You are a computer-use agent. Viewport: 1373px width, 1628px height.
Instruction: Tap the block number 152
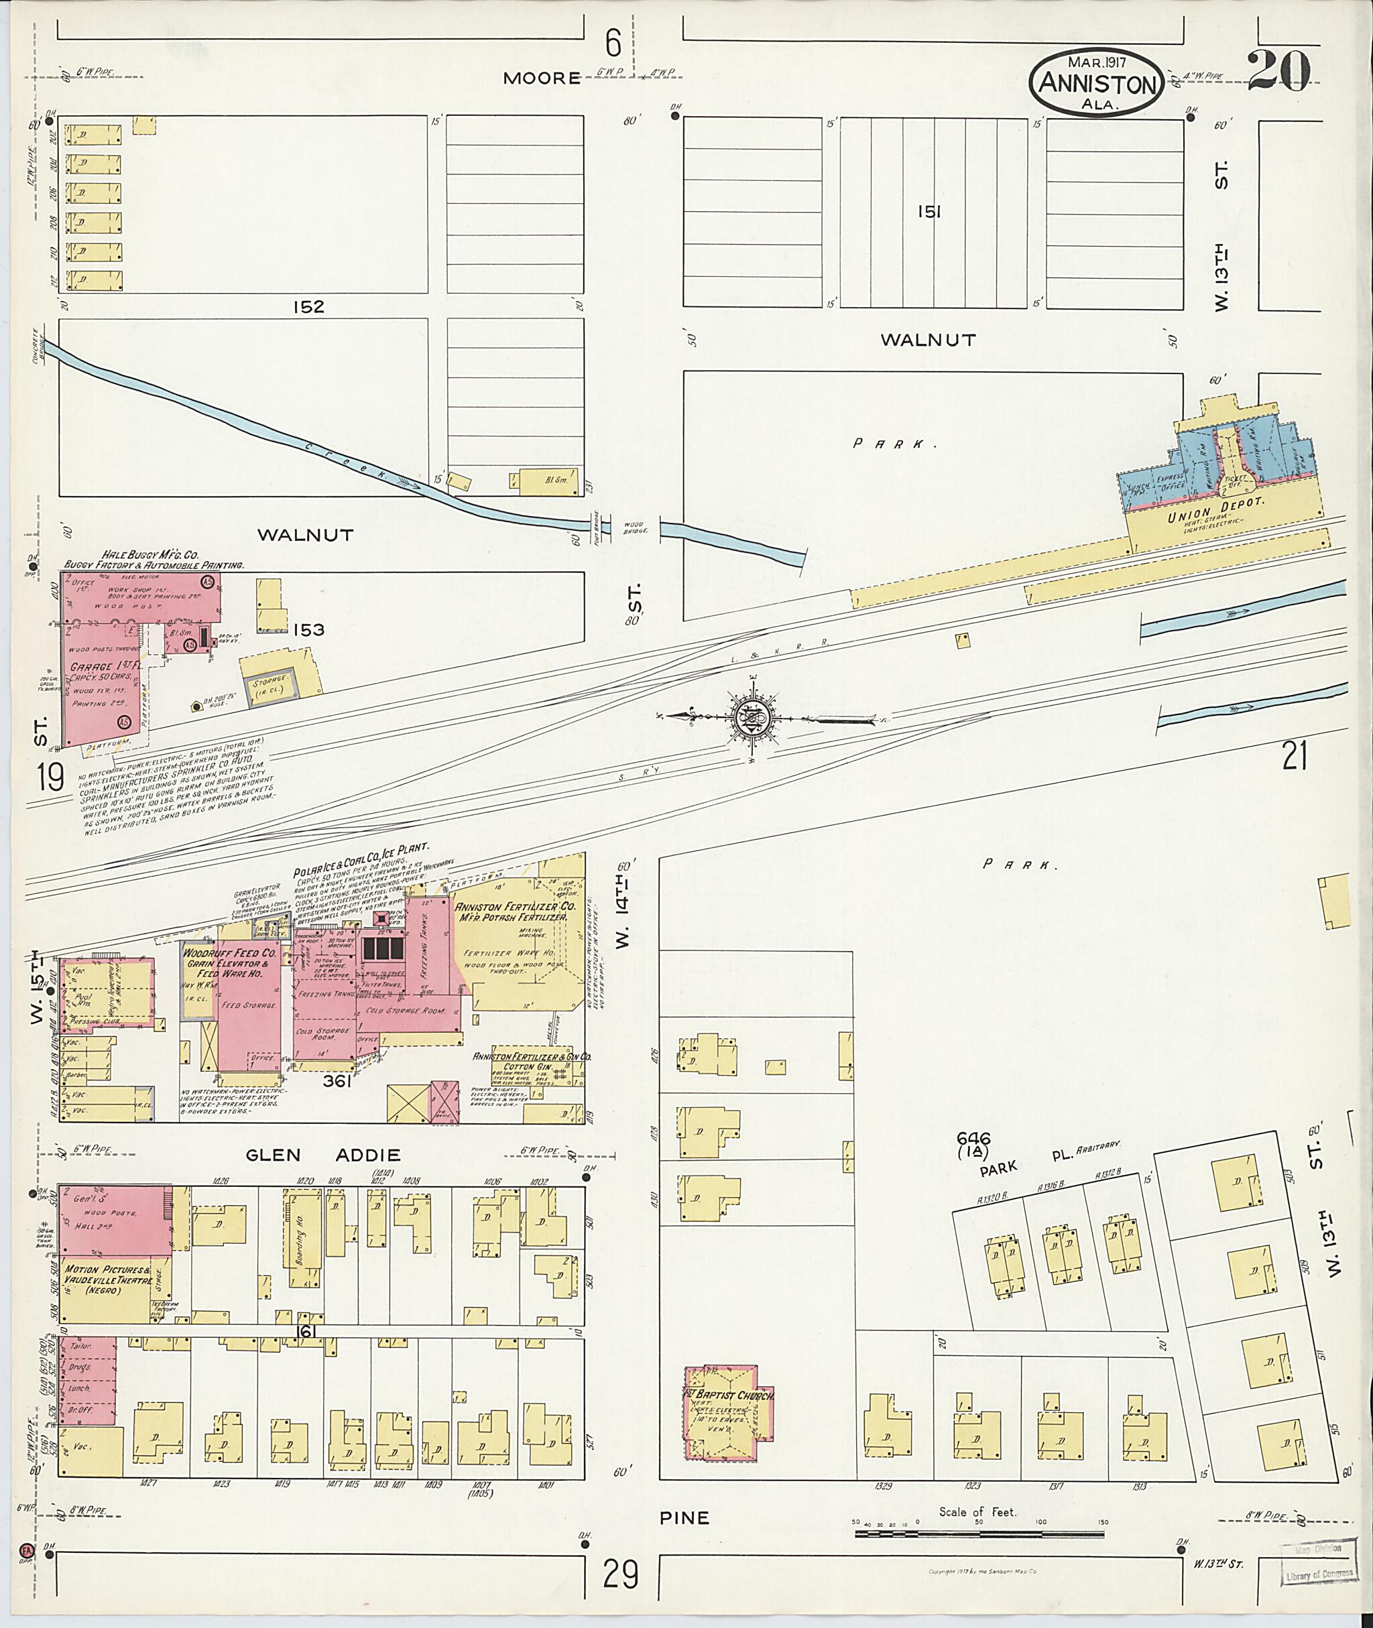pos(308,306)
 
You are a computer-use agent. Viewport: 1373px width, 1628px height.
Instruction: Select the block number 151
pos(929,212)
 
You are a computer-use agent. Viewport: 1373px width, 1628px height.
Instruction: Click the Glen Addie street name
pos(322,1155)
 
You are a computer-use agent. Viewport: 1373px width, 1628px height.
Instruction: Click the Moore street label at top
pos(542,78)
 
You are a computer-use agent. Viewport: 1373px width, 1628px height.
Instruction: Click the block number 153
pos(308,629)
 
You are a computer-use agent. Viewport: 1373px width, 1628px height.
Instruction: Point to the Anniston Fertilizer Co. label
pos(516,907)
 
